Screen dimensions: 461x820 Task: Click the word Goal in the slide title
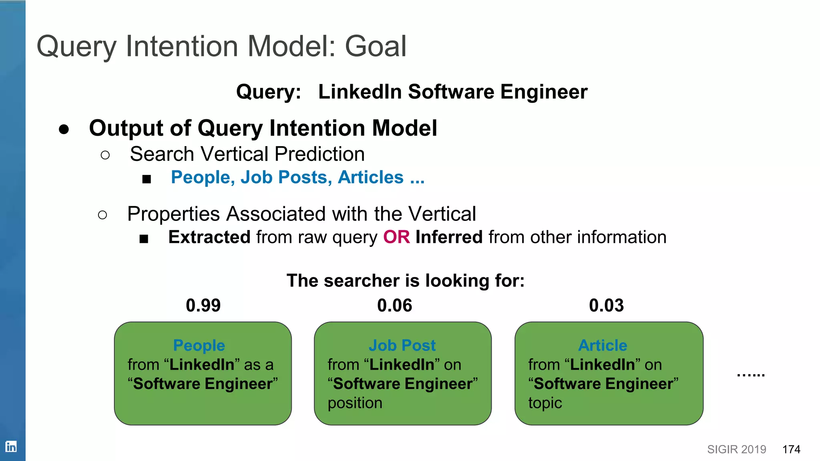tap(376, 46)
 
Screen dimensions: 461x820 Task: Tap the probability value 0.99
tap(203, 306)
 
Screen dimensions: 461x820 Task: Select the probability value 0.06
tap(394, 306)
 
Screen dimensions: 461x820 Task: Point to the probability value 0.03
tap(606, 306)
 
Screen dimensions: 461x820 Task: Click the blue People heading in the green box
tap(199, 345)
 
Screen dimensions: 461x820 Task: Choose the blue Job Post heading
tap(402, 345)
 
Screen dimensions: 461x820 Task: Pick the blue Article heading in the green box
tap(603, 345)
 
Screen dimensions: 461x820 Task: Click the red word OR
tap(396, 237)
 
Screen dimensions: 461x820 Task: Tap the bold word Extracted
tap(209, 237)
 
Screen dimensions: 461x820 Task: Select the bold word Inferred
tap(449, 237)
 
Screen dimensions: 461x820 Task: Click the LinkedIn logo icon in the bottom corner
tap(11, 446)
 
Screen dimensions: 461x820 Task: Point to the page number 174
tap(791, 449)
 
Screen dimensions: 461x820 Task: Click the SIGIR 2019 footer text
tap(736, 449)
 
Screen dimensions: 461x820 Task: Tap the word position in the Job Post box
tap(355, 403)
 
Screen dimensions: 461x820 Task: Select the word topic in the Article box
tap(545, 403)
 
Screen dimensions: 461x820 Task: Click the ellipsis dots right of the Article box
tap(751, 375)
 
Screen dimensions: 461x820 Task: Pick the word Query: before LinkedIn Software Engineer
tap(268, 92)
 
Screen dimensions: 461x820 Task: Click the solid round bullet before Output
tap(64, 129)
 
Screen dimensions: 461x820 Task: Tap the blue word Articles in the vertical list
tap(370, 177)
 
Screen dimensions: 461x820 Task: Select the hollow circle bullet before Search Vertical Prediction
tap(105, 155)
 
